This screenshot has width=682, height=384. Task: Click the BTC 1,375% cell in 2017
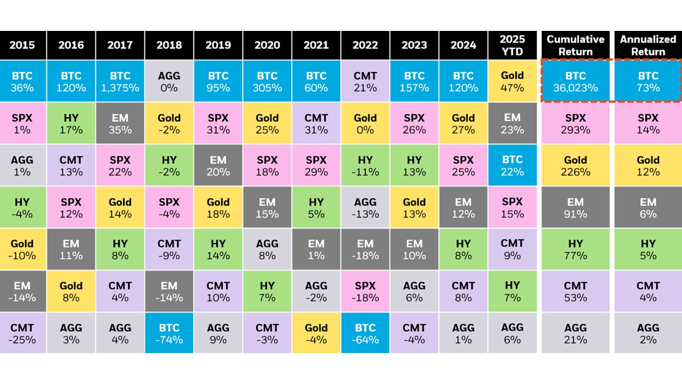coord(120,81)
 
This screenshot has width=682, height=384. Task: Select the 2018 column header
coord(169,45)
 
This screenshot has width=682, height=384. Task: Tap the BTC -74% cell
coord(169,333)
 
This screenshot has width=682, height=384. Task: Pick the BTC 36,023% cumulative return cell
coord(575,81)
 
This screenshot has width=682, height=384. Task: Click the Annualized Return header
coord(648,45)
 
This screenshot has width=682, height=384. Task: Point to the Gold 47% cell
coord(512,81)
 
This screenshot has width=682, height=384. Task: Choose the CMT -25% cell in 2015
coord(22,333)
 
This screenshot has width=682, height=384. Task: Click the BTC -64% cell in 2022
coord(365,333)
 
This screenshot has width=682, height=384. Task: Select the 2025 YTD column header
coord(512,45)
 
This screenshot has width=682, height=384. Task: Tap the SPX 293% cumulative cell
coord(575,123)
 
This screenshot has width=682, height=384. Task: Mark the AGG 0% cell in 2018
coord(169,81)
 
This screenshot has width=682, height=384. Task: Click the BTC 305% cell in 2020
coord(267,81)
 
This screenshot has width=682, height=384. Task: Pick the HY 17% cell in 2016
coord(71,123)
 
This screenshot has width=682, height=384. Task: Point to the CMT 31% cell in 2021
coord(316,123)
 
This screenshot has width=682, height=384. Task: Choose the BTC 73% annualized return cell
coord(648,81)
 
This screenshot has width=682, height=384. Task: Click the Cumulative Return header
coord(575,45)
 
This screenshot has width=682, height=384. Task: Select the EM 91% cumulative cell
coord(575,207)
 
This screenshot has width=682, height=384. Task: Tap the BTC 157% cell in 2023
coord(414,81)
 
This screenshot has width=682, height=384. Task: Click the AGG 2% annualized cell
coord(648,333)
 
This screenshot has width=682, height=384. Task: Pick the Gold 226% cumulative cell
coord(575,165)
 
